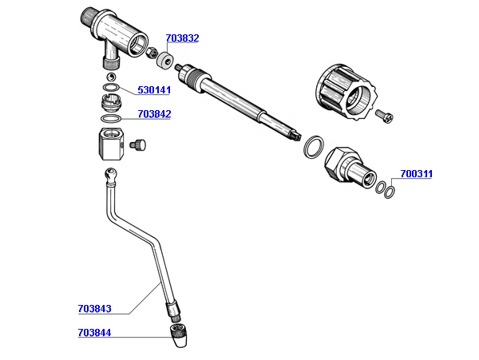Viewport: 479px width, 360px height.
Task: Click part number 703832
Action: click(x=182, y=38)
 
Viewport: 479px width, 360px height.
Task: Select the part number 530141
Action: click(x=154, y=90)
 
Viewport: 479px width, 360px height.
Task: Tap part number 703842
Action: click(x=154, y=114)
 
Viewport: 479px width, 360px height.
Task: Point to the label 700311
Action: click(x=417, y=174)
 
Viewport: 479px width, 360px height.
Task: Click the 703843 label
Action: click(x=95, y=309)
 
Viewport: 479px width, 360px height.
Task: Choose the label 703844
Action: click(x=95, y=333)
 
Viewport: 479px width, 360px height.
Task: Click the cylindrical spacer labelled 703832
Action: click(x=164, y=61)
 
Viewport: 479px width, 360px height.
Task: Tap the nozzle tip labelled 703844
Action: click(x=178, y=336)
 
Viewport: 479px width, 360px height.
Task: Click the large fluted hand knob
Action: click(x=346, y=92)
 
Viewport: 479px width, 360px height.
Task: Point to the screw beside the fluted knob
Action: click(x=385, y=116)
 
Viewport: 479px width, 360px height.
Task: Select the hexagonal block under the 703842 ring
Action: click(x=111, y=144)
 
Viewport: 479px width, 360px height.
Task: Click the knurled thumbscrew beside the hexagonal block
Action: click(x=138, y=144)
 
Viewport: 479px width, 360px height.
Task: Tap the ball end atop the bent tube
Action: click(x=110, y=175)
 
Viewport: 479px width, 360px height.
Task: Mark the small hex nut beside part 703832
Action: click(x=151, y=53)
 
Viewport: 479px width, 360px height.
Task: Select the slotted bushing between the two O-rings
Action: click(x=111, y=103)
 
